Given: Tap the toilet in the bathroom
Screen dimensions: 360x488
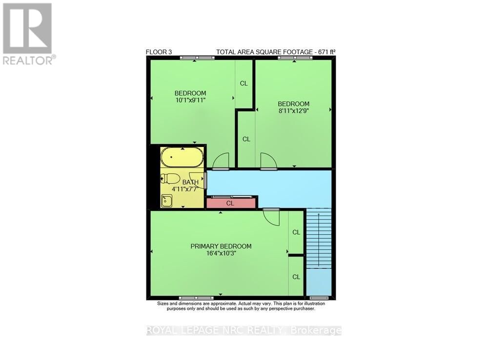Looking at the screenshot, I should tap(171, 179).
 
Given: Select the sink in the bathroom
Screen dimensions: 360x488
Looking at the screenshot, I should tap(167, 200).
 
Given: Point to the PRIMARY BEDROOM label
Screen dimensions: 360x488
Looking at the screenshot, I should tap(221, 246).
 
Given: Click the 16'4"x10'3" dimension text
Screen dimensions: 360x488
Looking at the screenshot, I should tap(221, 253).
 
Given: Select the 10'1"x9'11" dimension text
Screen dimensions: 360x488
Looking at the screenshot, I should tap(190, 100).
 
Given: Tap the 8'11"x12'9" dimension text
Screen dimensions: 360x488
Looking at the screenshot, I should tap(293, 110).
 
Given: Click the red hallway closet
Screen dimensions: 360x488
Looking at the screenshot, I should tap(231, 203).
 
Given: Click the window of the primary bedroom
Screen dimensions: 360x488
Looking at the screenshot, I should tap(196, 297).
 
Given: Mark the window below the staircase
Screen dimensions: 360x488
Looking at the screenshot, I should tap(319, 297).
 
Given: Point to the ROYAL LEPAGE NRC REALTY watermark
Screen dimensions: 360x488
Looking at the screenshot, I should tap(244, 331).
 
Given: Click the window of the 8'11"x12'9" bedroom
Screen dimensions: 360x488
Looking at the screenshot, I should tap(295, 58).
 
